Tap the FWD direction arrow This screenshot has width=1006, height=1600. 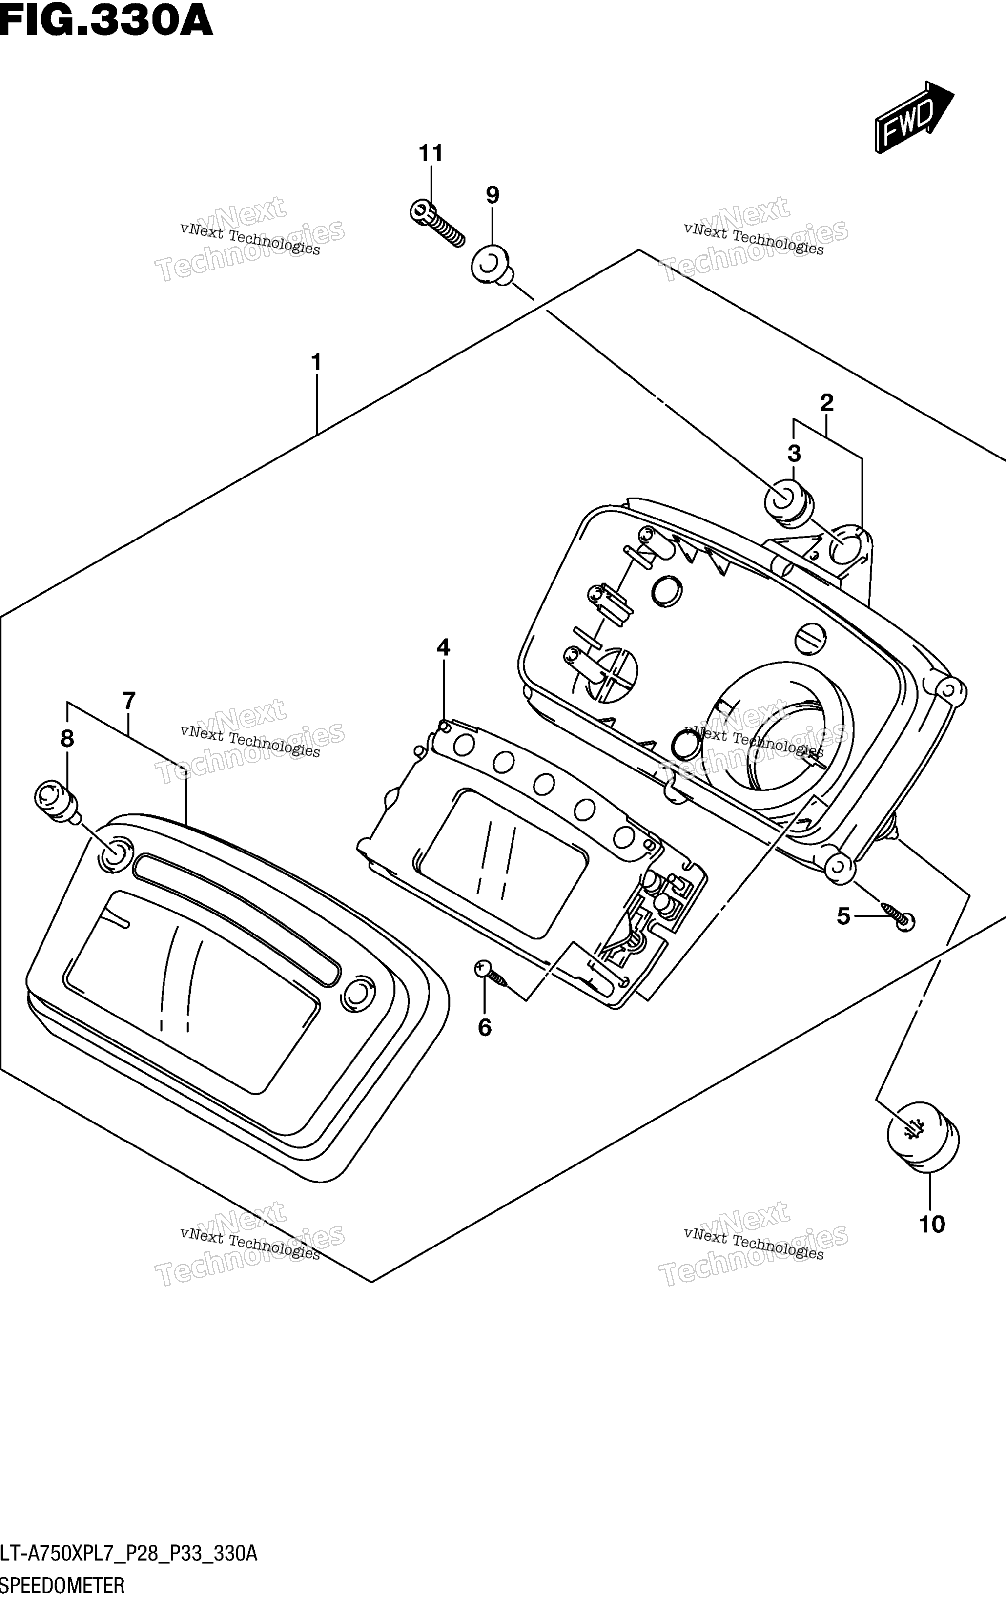914,117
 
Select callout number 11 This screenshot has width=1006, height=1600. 431,153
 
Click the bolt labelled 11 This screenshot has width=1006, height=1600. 436,223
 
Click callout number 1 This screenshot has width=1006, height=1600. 316,362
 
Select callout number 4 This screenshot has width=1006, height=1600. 443,647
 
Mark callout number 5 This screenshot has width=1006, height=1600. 843,917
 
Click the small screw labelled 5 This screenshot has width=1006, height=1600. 897,915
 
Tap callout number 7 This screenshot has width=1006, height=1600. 129,700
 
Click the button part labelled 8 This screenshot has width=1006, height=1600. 57,801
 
